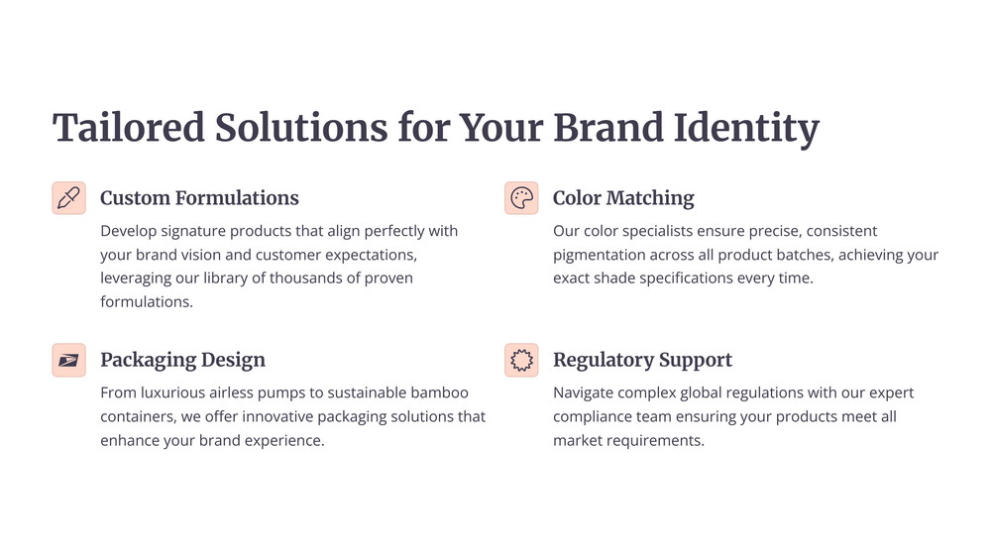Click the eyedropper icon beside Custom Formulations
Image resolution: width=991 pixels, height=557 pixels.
69,198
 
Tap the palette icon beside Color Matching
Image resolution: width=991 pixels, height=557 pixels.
521,198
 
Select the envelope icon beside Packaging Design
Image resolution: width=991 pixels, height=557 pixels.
69,361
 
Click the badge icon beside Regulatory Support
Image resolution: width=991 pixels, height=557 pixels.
521,361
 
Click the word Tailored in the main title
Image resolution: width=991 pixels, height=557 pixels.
128,128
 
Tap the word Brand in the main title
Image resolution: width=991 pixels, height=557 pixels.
608,128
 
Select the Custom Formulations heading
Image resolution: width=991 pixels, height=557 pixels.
200,198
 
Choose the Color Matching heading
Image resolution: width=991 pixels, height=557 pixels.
623,198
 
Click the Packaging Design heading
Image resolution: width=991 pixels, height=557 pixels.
182,361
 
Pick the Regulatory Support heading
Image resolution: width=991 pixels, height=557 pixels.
643,361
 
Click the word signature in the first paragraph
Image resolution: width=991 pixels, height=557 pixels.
193,231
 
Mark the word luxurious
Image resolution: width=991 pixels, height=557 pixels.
172,392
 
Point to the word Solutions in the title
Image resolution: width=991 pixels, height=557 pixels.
301,128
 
